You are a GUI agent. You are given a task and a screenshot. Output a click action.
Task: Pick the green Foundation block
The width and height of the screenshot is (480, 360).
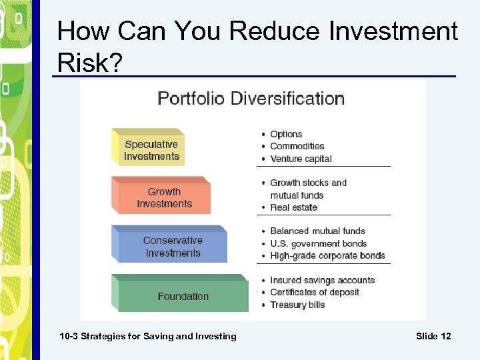pos(183,296)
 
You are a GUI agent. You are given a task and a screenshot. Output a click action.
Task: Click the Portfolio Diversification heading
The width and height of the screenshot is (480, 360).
pos(251,99)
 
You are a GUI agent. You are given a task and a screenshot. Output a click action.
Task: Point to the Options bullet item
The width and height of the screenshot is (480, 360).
pos(286,134)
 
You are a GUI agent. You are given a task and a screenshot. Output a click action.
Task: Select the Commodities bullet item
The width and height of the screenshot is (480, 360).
pos(297,146)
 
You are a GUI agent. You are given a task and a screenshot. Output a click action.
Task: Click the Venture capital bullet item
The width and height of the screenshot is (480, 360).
pos(301,159)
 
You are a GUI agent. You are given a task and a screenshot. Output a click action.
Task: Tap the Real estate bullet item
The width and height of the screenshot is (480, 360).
pos(293,207)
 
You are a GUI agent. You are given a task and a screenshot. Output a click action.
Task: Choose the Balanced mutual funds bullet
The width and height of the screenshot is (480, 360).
pos(317,231)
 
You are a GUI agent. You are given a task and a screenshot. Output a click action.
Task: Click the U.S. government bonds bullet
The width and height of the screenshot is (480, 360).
pos(318,243)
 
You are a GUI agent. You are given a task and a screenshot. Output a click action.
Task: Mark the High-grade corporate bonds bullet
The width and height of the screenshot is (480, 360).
pos(327,255)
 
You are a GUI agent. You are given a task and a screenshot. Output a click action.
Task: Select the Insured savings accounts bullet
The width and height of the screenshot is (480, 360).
pos(322,280)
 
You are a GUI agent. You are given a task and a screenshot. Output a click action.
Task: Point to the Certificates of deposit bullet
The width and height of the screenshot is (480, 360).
pos(314,292)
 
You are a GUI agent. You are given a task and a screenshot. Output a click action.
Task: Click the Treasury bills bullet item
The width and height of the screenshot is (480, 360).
pos(297,305)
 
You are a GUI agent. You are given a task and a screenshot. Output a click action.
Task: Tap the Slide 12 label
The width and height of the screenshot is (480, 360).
pos(433,336)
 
